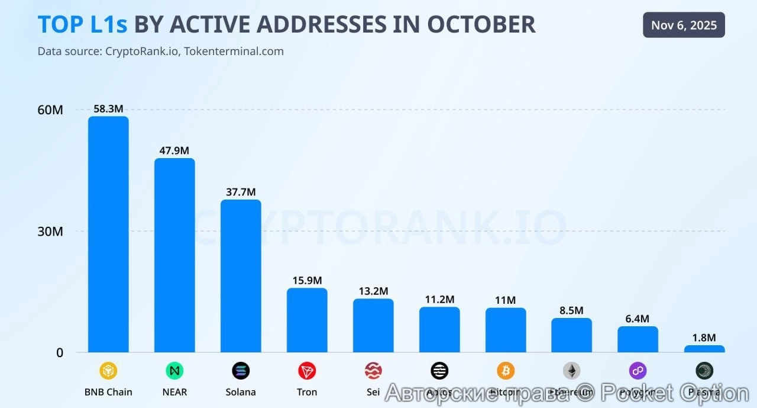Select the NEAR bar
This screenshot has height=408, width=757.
coord(174,255)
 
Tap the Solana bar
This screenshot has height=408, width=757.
coord(241,275)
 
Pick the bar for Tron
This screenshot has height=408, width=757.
coord(307,320)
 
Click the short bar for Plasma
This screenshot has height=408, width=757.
coord(704,349)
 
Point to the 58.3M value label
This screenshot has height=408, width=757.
coord(108,109)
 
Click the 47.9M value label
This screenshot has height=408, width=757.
coord(174,150)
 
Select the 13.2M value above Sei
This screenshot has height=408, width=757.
coord(373,291)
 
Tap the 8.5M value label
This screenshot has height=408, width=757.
coord(571,310)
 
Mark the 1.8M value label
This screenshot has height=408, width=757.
coord(704,338)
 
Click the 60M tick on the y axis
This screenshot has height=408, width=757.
coord(50,110)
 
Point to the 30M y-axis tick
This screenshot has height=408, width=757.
coord(50,232)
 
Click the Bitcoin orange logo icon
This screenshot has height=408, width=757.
coord(506,371)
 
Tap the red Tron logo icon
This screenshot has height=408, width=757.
coord(307,371)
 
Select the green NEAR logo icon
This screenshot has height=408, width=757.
coord(174,371)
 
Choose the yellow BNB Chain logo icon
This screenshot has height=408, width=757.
coord(108,371)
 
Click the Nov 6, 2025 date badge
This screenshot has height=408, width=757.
coord(684,25)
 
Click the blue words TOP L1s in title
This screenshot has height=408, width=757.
coord(83,24)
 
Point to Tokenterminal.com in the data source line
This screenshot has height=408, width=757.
coord(234,52)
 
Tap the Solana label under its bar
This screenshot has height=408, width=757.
coord(241,392)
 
